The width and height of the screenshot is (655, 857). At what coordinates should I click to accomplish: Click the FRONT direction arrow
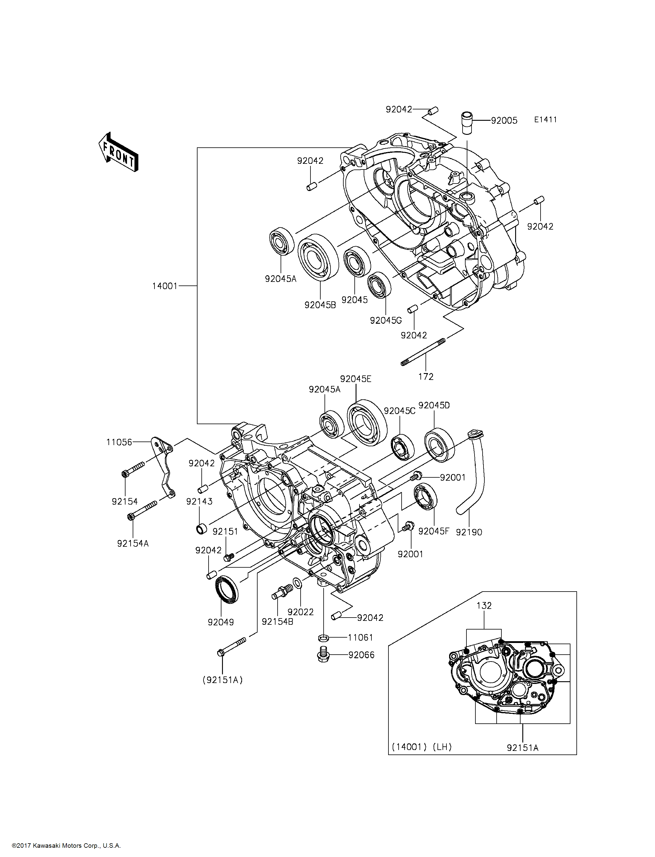[x=118, y=152]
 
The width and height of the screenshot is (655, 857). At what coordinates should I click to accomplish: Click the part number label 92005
[x=504, y=120]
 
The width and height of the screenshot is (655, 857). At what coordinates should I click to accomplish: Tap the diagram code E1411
[x=545, y=120]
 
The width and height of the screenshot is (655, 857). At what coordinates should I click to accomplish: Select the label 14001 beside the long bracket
[x=165, y=286]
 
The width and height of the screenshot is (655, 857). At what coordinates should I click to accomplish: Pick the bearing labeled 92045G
[x=379, y=285]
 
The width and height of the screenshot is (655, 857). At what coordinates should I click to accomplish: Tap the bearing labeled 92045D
[x=439, y=445]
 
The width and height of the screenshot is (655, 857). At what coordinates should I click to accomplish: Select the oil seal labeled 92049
[x=227, y=589]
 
